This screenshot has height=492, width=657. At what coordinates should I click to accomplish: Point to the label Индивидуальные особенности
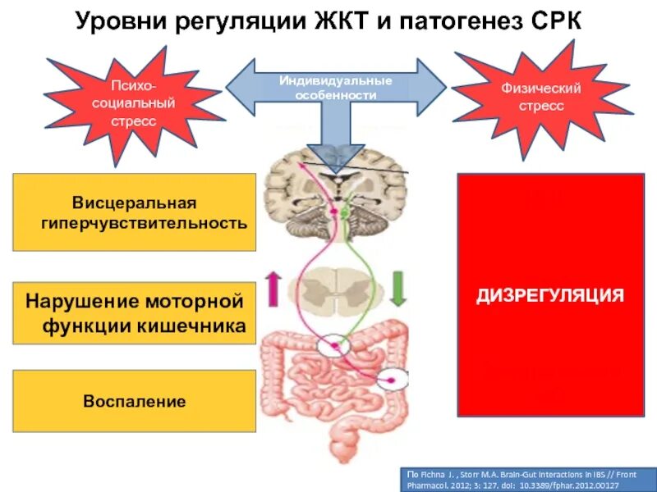pos(336,88)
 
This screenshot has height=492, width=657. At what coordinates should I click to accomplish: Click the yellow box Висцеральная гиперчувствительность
pos(135,212)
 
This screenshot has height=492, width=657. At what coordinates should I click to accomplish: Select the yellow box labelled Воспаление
pos(135,402)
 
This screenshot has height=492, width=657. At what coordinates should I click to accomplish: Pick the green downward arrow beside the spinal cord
pos(397,289)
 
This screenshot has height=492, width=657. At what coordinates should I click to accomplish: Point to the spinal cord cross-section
pos(335,291)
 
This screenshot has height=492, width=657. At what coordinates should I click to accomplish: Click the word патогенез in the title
pos(455,22)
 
